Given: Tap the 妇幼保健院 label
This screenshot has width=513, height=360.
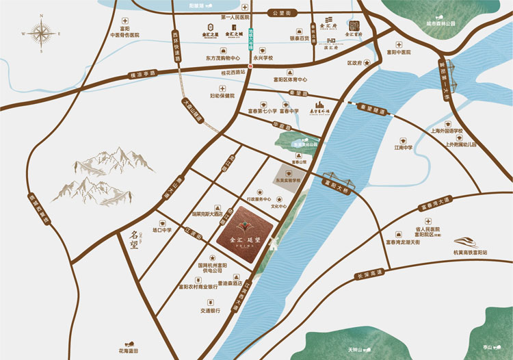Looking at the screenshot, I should pos(222,97).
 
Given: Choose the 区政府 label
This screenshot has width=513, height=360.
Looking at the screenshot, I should pos(354,63).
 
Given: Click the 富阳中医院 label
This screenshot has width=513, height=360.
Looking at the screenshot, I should pos(398,52).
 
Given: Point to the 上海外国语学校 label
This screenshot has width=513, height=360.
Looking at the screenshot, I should pos(443,131).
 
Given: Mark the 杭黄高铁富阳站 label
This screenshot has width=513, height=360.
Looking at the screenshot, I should pos(471,253).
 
